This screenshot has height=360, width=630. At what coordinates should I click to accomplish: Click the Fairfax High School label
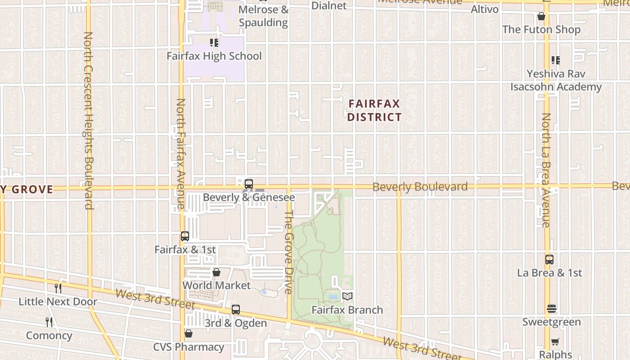click(214, 56)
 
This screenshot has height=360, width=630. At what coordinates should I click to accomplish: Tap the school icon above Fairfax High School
click(214, 43)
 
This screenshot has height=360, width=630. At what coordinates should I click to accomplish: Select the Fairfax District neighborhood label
click(374, 111)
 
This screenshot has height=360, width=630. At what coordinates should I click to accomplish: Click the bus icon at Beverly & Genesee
click(248, 184)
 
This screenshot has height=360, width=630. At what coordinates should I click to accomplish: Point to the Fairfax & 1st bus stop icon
click(184, 236)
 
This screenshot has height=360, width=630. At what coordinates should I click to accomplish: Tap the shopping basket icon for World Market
click(216, 272)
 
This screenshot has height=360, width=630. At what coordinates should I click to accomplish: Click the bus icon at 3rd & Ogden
click(236, 310)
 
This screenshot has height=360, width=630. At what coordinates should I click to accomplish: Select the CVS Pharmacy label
click(189, 347)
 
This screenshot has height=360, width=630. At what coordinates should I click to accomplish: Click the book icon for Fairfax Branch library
click(347, 296)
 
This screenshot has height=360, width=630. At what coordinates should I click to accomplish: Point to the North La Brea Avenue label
click(546, 170)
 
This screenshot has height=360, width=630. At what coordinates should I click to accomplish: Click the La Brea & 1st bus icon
click(549, 259)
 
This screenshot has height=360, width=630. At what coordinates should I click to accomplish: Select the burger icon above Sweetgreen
click(552, 309)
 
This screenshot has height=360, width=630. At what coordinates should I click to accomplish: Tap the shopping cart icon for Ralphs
click(555, 342)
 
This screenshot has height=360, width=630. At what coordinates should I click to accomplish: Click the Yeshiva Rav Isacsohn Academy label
click(556, 80)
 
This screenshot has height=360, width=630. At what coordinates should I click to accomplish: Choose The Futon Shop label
click(541, 30)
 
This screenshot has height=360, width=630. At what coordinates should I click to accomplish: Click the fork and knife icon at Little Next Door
click(58, 288)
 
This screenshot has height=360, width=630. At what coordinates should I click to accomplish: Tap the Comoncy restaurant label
click(49, 335)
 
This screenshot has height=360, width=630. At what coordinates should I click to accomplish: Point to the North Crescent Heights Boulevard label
click(88, 121)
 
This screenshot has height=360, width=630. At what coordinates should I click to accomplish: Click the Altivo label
click(485, 9)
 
